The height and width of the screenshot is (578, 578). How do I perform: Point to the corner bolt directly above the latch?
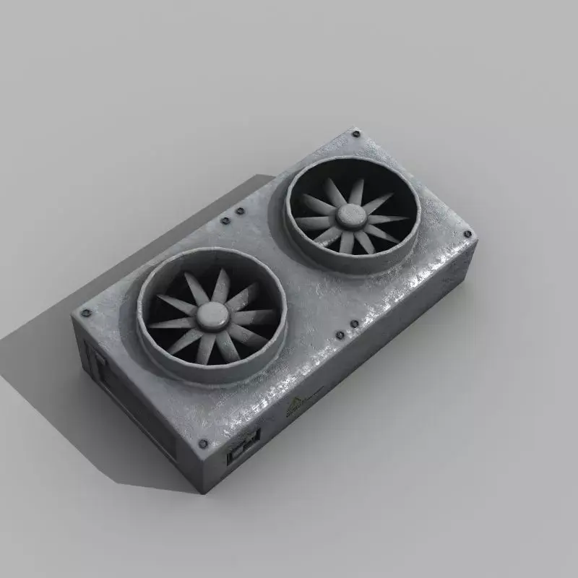[203, 444]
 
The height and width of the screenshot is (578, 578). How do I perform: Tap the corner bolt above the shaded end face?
[86, 313]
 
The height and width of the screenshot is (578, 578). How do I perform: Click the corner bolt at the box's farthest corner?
[355, 133]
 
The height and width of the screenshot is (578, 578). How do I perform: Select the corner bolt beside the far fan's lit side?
[467, 235]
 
